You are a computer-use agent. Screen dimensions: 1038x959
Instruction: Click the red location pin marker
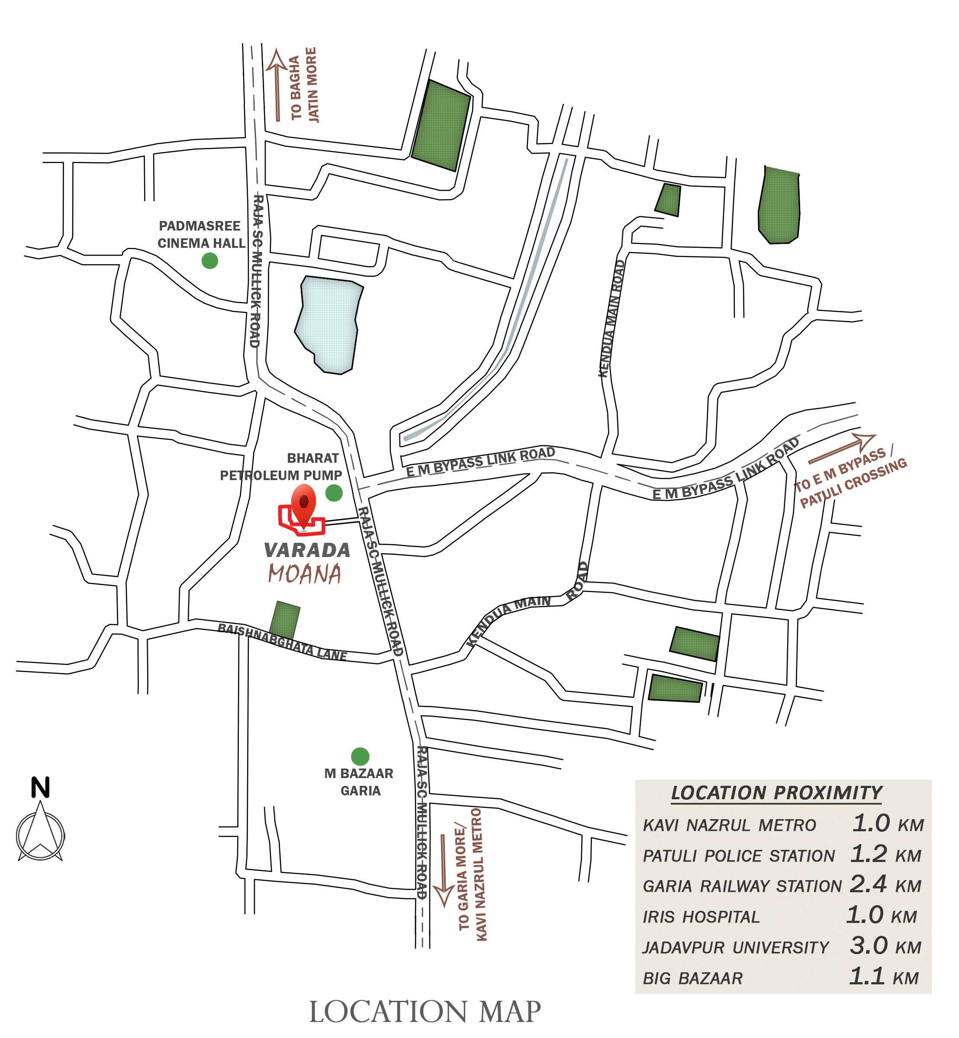[x=303, y=504]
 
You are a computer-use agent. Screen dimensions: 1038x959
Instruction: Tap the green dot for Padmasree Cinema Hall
[x=209, y=260]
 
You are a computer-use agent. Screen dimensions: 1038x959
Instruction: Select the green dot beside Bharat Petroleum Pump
[x=334, y=492]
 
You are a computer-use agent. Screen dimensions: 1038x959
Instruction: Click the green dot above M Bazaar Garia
[x=360, y=756]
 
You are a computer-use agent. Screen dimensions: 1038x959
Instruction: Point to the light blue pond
[x=328, y=323]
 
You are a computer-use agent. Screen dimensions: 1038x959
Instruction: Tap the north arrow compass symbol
[x=41, y=833]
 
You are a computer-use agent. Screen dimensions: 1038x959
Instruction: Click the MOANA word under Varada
[x=305, y=574]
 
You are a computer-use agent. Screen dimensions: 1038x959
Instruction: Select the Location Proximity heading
[x=776, y=793]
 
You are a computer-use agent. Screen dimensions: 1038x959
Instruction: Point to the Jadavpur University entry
[x=736, y=948]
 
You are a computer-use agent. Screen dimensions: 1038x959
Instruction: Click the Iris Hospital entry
[x=701, y=917]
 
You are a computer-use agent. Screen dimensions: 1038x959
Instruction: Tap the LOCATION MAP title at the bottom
[x=425, y=1012]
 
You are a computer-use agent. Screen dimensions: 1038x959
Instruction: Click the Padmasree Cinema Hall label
[x=200, y=234]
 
